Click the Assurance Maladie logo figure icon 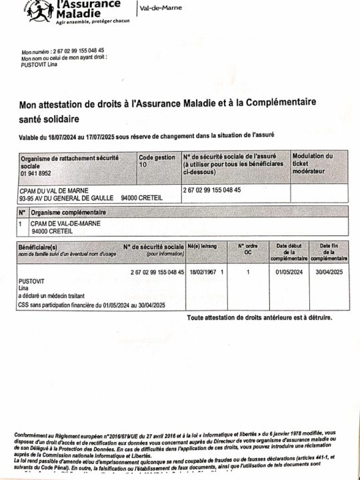(x=41, y=10)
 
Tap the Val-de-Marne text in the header (x=161, y=8)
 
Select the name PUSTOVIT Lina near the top (x=39, y=65)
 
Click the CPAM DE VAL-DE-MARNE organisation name (x=65, y=223)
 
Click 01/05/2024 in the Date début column (x=290, y=273)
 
